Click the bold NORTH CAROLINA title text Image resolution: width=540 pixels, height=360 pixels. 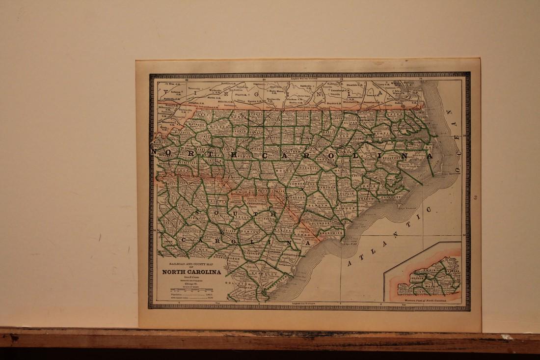coord(191,272)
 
